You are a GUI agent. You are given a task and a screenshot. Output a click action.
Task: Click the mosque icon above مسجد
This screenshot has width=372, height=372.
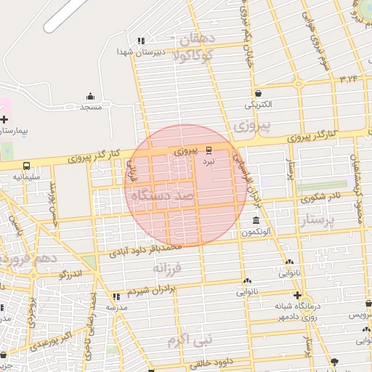pyautogui.click(x=90, y=97)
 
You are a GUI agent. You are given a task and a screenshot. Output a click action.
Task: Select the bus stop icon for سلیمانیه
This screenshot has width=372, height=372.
pyautogui.click(x=27, y=166)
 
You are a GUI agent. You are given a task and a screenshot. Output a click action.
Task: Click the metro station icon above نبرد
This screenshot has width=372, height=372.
pyautogui.click(x=209, y=150)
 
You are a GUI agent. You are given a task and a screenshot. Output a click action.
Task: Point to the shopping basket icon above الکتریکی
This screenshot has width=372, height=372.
pyautogui.click(x=259, y=93)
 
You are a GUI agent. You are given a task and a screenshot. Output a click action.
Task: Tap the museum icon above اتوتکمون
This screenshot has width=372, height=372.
pyautogui.click(x=256, y=221)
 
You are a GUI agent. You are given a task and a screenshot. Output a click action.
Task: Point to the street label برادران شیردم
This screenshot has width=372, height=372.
pyautogui.click(x=153, y=290)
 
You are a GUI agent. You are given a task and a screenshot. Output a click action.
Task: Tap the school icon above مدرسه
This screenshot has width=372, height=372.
pyautogui.click(x=116, y=296)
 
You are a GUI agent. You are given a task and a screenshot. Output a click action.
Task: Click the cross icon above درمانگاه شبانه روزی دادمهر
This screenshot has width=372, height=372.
pyautogui.click(x=297, y=295)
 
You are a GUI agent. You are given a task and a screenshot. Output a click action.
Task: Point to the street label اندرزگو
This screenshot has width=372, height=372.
pyautogui.click(x=72, y=274)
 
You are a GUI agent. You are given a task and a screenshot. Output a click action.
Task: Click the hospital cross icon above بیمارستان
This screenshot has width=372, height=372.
pyautogui.click(x=4, y=118)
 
